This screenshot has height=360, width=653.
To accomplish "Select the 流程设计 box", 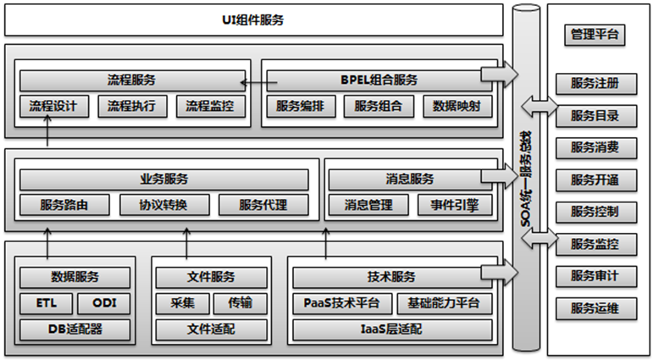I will tap(53, 107).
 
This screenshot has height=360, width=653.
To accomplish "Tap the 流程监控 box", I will tap(210, 107).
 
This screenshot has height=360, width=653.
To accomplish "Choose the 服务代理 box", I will tap(263, 205).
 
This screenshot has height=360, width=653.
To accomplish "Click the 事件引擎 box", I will tap(454, 205).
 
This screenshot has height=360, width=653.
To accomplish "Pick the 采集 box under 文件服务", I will tap(175, 303).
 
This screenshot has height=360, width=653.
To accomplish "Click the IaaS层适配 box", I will tap(391, 329).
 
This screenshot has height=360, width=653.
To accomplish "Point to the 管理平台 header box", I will tap(594, 35).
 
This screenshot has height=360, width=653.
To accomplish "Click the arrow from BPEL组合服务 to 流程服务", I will tap(257, 82).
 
